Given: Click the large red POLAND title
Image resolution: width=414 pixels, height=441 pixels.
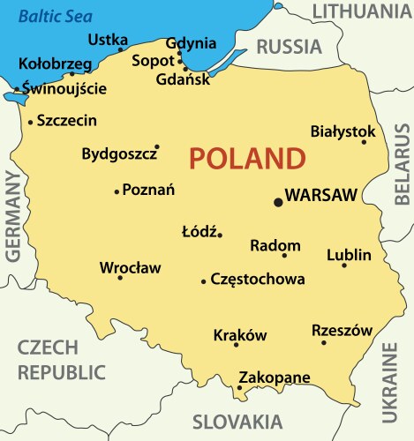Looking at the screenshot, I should [x=246, y=159].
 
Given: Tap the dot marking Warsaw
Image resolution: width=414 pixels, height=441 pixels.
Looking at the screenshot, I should [x=278, y=202].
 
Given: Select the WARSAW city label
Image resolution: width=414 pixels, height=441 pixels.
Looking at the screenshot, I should [x=321, y=195].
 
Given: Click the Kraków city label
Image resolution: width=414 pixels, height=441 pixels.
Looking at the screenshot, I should [x=240, y=335].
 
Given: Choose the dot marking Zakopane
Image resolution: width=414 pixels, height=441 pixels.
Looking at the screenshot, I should [x=239, y=387].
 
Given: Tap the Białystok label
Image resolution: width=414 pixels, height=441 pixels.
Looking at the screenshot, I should [x=343, y=131].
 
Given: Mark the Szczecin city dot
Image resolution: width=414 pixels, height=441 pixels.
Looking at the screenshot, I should [x=31, y=122].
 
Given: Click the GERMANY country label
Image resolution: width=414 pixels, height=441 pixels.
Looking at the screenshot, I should [x=13, y=217].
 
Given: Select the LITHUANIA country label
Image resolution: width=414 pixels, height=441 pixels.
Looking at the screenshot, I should [x=361, y=11].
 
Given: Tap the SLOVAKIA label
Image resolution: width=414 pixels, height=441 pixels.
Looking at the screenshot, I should [x=237, y=421].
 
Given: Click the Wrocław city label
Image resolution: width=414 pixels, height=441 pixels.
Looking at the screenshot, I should [x=130, y=267].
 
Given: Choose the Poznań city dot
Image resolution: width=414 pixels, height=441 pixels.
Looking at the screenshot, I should [x=117, y=191].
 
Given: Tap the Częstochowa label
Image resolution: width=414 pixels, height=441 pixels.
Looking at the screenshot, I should [x=258, y=280].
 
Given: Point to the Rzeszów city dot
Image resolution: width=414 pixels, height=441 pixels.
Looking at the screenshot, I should [x=324, y=342].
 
